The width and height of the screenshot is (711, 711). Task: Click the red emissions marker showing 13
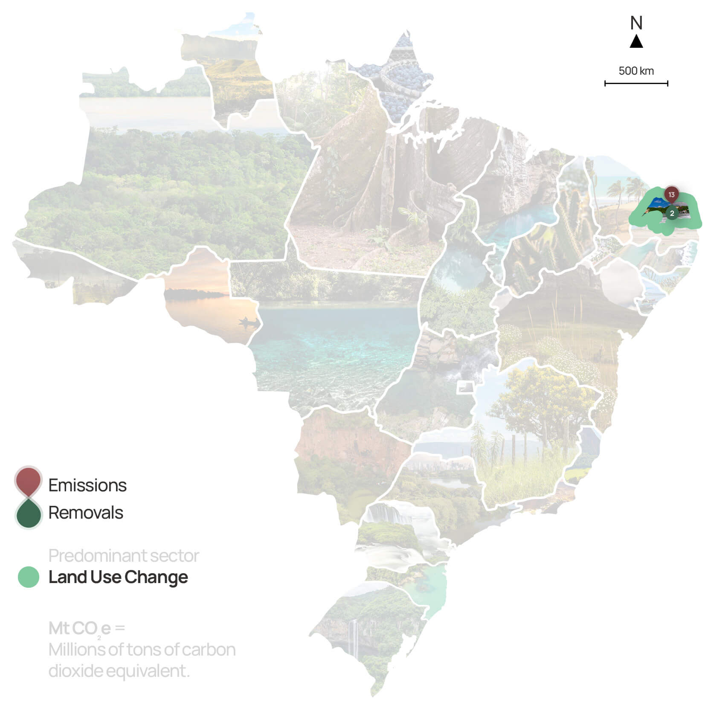[671, 195]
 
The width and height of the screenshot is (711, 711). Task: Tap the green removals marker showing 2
[672, 213]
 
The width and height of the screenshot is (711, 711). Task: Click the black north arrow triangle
[636, 41]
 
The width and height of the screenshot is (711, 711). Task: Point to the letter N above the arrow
[636, 23]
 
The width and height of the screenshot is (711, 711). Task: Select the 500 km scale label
[636, 71]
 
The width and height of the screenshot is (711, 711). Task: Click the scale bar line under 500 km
[636, 84]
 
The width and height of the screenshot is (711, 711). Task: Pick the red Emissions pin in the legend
[28, 480]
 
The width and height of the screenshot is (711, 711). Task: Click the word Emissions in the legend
[87, 485]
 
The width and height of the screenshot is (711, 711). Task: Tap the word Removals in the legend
[86, 513]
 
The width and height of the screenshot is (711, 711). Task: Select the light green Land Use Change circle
[29, 577]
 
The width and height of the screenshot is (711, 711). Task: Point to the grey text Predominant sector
[124, 556]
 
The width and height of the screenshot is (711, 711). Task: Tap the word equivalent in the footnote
[148, 671]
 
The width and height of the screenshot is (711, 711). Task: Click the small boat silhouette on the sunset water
[248, 321]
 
